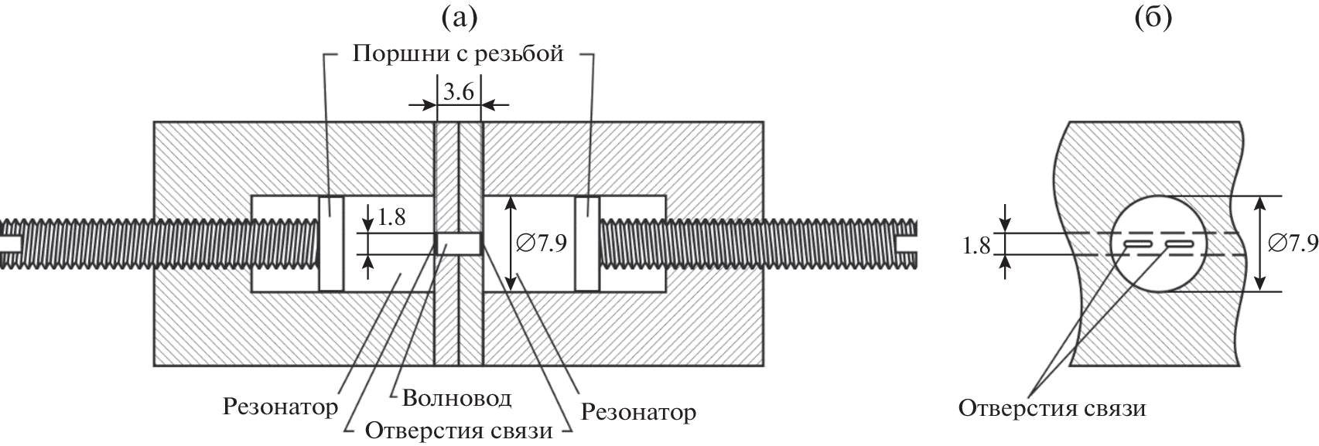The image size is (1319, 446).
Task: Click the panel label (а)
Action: tap(460, 17)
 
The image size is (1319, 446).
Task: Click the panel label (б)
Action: tap(1153, 17)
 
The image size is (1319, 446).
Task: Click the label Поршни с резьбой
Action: tap(459, 55)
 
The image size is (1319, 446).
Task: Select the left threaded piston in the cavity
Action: tap(331, 243)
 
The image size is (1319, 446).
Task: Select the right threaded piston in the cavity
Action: tap(586, 243)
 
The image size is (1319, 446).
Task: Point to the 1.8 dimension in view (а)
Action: tap(391, 216)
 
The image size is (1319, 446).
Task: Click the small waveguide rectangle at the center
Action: tap(459, 243)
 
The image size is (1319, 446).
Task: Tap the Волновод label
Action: tap(456, 398)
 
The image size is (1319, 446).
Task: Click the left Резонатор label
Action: tap(280, 406)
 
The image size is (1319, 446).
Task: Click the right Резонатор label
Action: tap(638, 412)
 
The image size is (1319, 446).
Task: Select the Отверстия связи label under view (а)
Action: tap(459, 430)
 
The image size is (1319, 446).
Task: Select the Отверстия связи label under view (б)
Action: tap(1051, 407)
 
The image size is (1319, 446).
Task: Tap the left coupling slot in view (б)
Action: tap(1137, 245)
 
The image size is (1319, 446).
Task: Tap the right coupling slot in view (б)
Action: tap(1179, 245)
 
